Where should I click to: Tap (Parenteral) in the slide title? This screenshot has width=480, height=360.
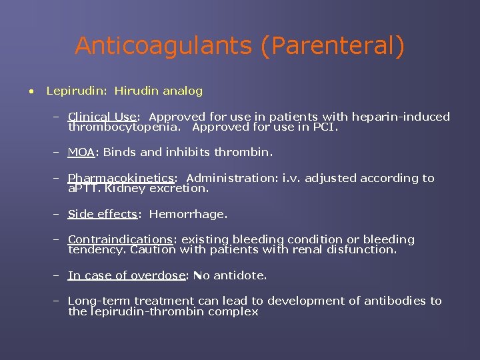332,47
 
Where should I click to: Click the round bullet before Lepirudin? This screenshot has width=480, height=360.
31,91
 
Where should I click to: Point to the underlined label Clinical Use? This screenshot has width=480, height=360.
101,117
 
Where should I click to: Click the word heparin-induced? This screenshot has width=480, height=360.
409,117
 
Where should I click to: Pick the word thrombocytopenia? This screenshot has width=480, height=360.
125,127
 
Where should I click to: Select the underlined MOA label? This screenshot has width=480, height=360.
81,152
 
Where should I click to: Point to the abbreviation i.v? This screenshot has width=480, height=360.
292,178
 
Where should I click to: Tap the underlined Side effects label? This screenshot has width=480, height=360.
103,214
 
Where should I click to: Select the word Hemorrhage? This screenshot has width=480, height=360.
187,214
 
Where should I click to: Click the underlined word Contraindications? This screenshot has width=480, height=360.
120,239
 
